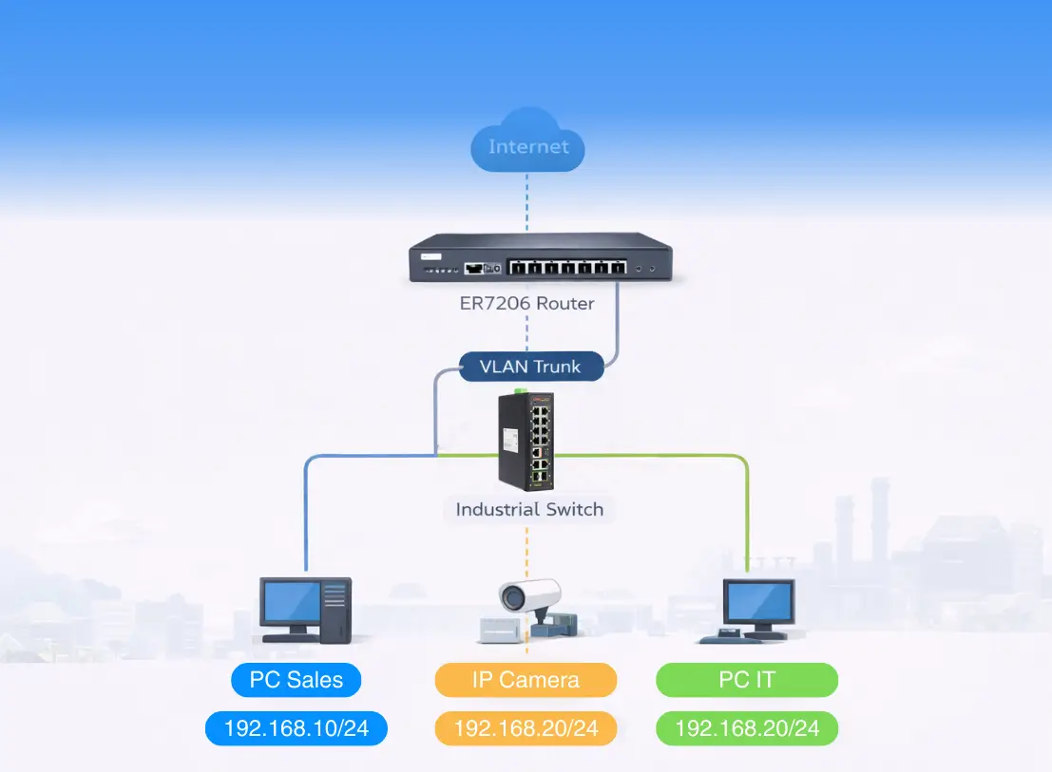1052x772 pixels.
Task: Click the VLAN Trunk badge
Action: pyautogui.click(x=530, y=367)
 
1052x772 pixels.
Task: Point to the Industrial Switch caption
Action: pyautogui.click(x=529, y=510)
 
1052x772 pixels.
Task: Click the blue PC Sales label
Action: pyautogui.click(x=296, y=680)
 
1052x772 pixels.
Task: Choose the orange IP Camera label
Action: pyautogui.click(x=526, y=680)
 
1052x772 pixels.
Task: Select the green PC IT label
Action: pyautogui.click(x=747, y=680)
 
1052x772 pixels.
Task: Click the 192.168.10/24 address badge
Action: pyautogui.click(x=296, y=729)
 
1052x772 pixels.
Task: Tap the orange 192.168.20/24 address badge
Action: pyautogui.click(x=526, y=729)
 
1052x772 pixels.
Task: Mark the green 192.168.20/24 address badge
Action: pyautogui.click(x=747, y=729)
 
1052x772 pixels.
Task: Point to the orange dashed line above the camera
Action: pyautogui.click(x=527, y=551)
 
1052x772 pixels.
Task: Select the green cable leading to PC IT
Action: pyautogui.click(x=747, y=513)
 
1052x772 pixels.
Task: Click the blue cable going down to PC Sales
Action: pyautogui.click(x=306, y=513)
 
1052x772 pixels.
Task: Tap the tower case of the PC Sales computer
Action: pyautogui.click(x=335, y=610)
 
